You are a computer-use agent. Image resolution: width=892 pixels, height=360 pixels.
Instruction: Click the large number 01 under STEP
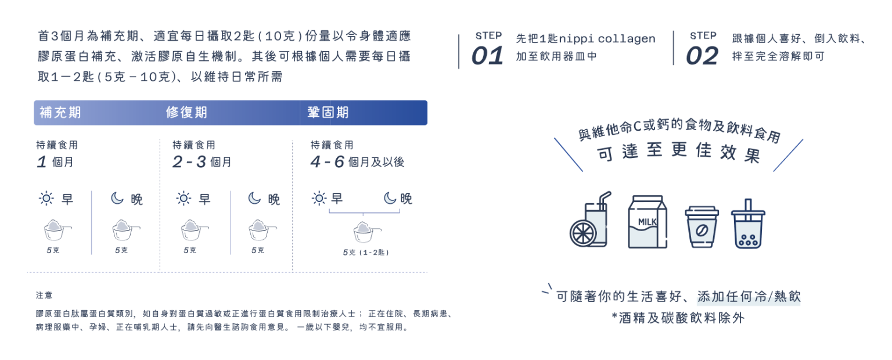(487, 56)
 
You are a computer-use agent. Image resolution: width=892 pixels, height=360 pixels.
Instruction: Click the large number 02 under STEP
(702, 56)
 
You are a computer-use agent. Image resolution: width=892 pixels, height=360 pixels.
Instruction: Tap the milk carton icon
(647, 222)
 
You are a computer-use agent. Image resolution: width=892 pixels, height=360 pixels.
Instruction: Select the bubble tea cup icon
(748, 225)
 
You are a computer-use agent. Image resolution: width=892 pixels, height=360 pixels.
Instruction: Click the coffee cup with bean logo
(702, 226)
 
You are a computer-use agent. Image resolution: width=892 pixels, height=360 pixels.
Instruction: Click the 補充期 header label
(60, 113)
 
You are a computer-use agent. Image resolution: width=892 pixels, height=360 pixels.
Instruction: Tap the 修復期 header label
(186, 113)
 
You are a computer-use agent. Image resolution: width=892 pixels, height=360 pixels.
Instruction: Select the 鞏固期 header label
(328, 113)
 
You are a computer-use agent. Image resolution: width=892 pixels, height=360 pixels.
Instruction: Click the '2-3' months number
(189, 162)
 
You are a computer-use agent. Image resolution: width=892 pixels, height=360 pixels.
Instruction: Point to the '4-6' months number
(328, 162)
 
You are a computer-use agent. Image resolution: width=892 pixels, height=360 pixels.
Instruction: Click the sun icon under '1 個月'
(46, 199)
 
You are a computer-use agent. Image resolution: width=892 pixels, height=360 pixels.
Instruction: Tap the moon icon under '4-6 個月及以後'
(390, 199)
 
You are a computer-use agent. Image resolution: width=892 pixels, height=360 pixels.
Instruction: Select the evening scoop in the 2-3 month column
(260, 231)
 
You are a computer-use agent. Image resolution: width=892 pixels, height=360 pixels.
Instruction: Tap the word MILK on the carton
(648, 222)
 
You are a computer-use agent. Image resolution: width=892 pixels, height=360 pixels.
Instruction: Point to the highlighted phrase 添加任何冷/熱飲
(749, 297)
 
